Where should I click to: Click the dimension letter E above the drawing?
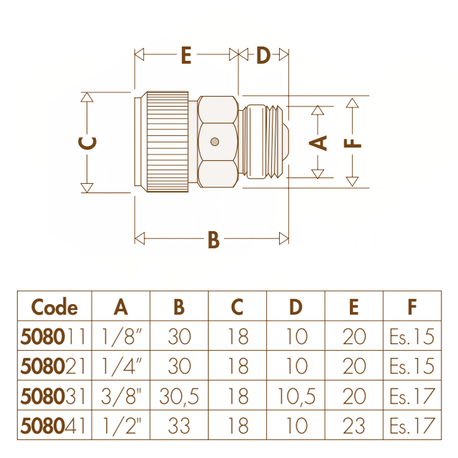point(186,55)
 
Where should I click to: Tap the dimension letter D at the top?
point(263,55)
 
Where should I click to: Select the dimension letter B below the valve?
point(213,240)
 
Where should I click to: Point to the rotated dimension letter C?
point(87,143)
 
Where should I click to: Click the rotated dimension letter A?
point(318,143)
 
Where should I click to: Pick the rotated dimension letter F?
point(353,143)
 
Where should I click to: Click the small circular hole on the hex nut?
point(215,142)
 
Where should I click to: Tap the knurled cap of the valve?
point(167,142)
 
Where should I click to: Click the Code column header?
point(54,307)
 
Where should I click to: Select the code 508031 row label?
point(53,396)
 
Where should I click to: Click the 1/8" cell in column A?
point(122,336)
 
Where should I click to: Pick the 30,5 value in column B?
point(179,396)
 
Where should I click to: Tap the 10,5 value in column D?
point(296,396)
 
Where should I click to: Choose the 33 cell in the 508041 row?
point(179,426)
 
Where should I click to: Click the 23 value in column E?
point(354,426)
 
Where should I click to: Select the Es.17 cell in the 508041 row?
point(412,426)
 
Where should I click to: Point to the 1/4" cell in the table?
point(122,366)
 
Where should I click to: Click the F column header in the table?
point(412,307)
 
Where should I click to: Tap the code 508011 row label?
point(53,336)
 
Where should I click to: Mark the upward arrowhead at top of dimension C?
point(87,97)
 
